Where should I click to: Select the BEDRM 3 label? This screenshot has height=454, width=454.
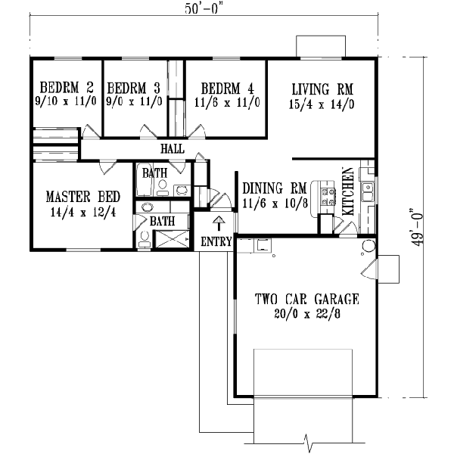(x=133, y=86)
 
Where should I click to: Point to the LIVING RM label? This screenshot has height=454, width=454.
(x=322, y=86)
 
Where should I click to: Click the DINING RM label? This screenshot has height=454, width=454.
(x=274, y=187)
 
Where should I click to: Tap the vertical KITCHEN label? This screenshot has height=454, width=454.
(x=350, y=192)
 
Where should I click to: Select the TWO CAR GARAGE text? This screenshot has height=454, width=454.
(x=306, y=298)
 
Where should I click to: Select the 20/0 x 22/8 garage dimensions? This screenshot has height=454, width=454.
(x=306, y=313)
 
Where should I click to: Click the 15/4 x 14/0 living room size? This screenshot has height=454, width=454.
(x=322, y=100)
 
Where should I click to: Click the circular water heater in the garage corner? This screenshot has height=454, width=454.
(x=368, y=246)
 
